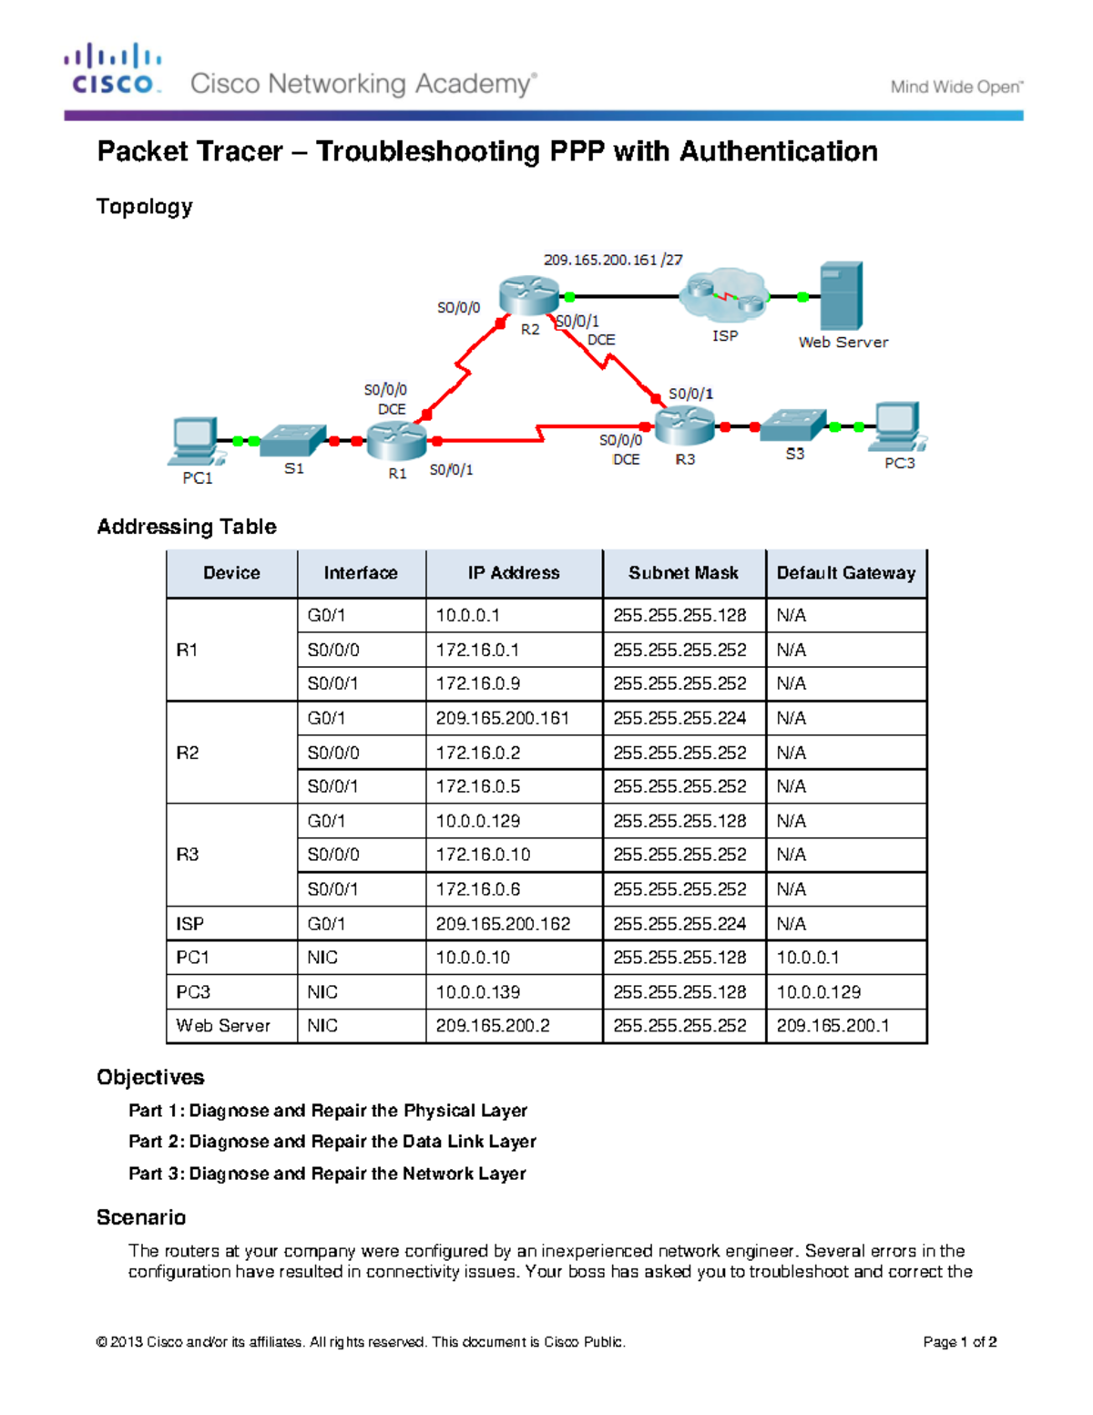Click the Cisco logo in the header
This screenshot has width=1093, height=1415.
click(x=113, y=69)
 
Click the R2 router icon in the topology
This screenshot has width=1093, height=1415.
click(x=528, y=296)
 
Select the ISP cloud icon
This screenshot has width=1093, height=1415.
click(x=725, y=294)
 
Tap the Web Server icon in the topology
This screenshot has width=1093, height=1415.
click(x=840, y=296)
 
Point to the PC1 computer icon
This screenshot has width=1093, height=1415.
click(x=194, y=442)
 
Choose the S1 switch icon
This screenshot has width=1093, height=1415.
click(x=292, y=440)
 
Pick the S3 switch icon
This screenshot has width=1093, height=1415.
click(x=792, y=426)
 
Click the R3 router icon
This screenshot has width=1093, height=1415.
click(x=684, y=426)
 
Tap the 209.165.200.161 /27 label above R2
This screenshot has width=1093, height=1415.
click(x=612, y=260)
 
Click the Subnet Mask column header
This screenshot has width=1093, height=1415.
click(x=683, y=573)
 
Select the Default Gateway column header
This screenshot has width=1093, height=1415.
click(x=845, y=573)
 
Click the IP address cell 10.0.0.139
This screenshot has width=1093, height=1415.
click(x=478, y=991)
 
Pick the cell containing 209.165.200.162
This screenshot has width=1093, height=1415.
click(x=503, y=923)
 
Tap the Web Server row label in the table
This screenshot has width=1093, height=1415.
click(x=223, y=1026)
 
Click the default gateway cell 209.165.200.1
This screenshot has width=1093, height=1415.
click(x=833, y=1026)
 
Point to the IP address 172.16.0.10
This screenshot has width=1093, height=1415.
click(x=483, y=855)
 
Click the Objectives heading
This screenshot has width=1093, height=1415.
click(x=150, y=1077)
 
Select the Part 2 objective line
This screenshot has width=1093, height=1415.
click(x=332, y=1142)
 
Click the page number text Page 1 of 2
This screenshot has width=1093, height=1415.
click(x=959, y=1342)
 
